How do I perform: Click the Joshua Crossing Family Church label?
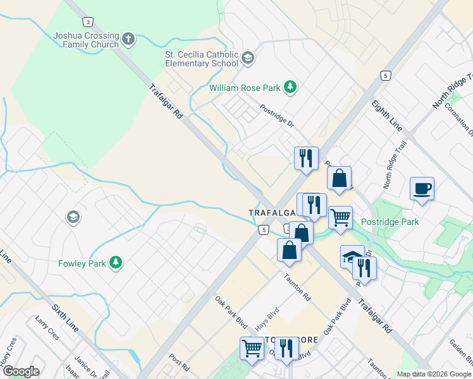(x=87, y=40)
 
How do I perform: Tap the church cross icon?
(x=128, y=40)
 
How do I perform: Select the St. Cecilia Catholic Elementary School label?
(x=201, y=59)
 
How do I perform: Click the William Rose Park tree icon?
(x=290, y=87)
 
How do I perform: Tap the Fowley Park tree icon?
(x=115, y=262)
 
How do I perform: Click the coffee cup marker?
(x=422, y=189)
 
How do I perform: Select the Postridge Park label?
(x=390, y=222)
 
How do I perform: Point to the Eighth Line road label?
(x=386, y=115)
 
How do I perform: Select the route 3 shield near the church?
(x=89, y=21)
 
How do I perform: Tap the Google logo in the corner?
(x=21, y=371)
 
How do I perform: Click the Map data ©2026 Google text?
(x=434, y=374)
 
